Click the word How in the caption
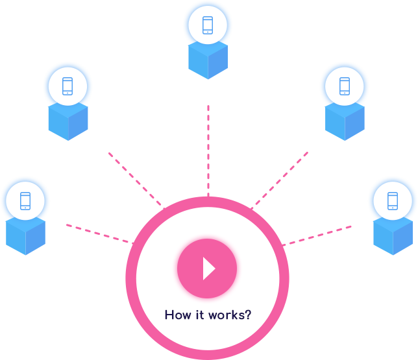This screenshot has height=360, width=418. point(176,316)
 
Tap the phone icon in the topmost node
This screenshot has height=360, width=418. point(208,25)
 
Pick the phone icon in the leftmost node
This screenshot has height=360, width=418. point(25,200)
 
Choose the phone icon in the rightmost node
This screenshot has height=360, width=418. point(393,200)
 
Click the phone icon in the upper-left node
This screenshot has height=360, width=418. point(68,86)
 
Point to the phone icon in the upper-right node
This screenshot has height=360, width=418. point(345,86)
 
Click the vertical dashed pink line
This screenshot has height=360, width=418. point(208,149)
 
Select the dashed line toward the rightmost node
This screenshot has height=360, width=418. point(318,234)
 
